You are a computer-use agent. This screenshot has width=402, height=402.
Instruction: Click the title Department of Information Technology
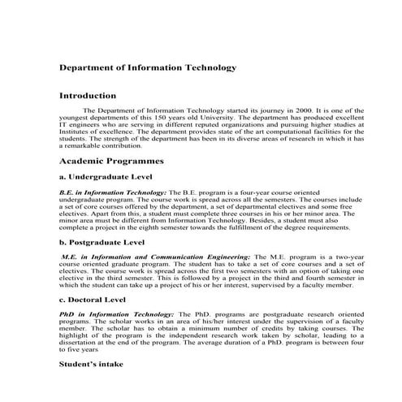click(148, 67)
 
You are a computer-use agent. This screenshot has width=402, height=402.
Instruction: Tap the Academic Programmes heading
click(112, 162)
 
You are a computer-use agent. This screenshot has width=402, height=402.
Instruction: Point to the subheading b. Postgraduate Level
click(105, 242)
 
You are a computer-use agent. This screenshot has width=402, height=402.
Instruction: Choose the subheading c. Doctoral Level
click(93, 300)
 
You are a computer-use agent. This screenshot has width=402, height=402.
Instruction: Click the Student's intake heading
click(91, 365)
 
